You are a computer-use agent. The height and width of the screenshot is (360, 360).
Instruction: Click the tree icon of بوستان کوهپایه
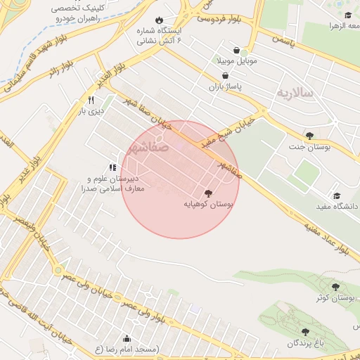[x=207, y=193]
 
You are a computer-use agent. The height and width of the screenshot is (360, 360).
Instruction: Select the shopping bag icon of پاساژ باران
[x=225, y=75]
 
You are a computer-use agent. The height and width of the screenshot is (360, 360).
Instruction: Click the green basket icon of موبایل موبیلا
[x=244, y=51]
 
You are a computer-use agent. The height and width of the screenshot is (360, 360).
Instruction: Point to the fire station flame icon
[x=159, y=20]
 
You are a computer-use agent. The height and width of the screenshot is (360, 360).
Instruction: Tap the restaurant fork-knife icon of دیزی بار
[x=91, y=100]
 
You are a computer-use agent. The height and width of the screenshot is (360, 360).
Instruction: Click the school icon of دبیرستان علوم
[x=112, y=167]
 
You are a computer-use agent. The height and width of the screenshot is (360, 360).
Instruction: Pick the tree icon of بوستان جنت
[x=309, y=136]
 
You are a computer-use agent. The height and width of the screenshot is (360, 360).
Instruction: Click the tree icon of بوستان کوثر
[x=335, y=286]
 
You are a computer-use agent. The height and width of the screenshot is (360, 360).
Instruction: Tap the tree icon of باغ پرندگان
[x=305, y=332]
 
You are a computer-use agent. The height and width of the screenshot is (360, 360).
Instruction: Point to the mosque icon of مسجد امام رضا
[x=127, y=338]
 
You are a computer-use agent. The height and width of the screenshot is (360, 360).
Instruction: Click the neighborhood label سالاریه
[x=294, y=93]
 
